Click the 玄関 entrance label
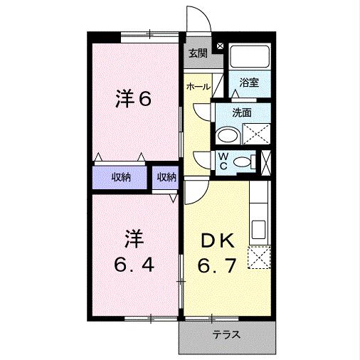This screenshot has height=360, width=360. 198,53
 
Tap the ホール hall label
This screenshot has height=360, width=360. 197,87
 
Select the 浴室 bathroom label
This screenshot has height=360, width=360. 249,83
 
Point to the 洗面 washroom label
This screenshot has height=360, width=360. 243,112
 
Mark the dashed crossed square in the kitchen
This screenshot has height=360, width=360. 259,256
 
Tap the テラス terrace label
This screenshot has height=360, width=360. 226,334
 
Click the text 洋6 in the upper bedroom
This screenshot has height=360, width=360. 134,99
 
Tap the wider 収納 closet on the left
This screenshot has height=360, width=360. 120,178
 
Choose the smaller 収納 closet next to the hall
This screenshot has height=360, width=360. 166,178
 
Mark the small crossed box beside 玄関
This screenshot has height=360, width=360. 220,47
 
